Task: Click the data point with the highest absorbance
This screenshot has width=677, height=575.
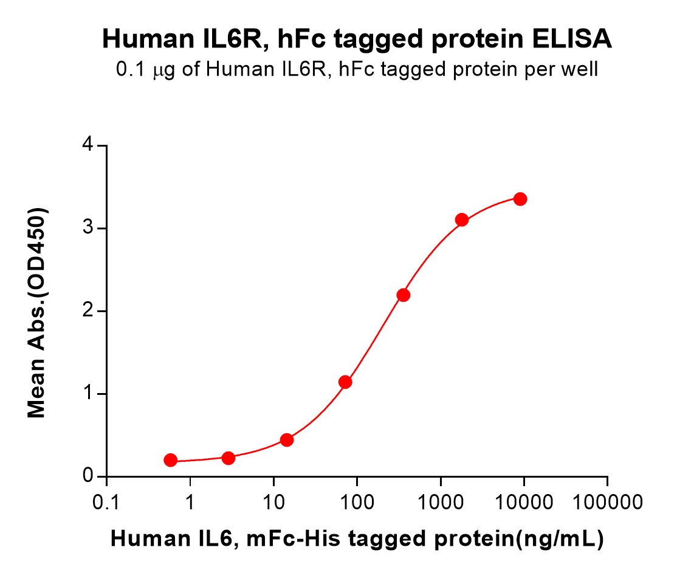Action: (520, 199)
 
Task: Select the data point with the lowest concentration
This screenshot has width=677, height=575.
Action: (171, 460)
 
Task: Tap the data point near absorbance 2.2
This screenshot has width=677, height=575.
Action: (404, 295)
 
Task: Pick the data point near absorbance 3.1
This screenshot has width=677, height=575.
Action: (461, 220)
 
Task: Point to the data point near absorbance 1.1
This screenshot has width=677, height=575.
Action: (345, 382)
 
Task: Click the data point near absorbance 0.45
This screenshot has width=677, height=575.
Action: (287, 440)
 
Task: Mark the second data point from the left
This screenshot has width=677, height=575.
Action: (229, 458)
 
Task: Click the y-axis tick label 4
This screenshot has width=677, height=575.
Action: (88, 144)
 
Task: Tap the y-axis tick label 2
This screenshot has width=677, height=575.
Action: (88, 310)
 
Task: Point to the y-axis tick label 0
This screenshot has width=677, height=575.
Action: (88, 476)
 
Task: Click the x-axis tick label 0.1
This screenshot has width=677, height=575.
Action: (106, 503)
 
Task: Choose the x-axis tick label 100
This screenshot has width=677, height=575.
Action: (357, 503)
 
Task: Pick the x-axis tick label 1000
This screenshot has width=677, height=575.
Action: (441, 503)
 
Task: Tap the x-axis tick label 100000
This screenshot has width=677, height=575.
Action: (608, 503)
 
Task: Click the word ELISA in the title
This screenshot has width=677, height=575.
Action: (572, 39)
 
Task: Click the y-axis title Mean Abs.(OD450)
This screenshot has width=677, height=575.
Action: (37, 313)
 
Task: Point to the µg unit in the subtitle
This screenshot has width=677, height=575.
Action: (164, 70)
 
